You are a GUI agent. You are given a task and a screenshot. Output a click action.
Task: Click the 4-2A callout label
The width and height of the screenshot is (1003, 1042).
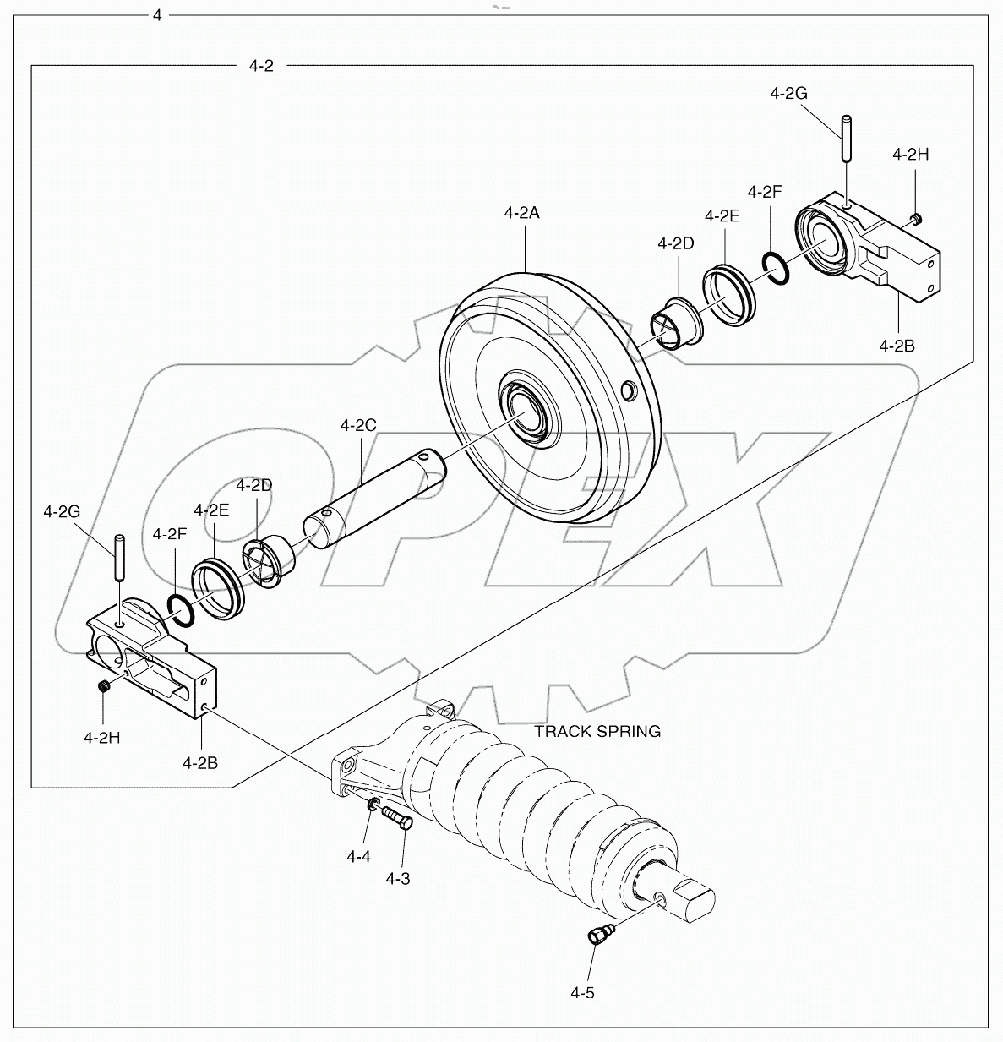(521, 213)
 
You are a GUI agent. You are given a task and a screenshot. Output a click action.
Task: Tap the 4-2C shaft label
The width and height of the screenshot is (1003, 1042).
(358, 425)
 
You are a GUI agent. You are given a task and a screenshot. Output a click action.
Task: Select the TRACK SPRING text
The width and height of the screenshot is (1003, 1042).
(597, 731)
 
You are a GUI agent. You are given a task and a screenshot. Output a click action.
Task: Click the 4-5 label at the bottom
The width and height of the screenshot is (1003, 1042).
(582, 992)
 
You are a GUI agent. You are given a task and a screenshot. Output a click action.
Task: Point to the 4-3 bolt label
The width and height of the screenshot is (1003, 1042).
(398, 878)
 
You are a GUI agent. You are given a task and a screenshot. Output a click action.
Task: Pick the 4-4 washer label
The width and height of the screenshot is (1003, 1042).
(358, 856)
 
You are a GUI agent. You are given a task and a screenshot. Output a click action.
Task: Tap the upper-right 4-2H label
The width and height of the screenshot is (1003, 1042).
(911, 154)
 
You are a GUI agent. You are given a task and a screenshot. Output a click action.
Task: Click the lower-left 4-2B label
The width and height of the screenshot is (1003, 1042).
(200, 762)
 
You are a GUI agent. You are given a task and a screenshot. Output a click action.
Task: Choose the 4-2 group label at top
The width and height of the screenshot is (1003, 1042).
(261, 66)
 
